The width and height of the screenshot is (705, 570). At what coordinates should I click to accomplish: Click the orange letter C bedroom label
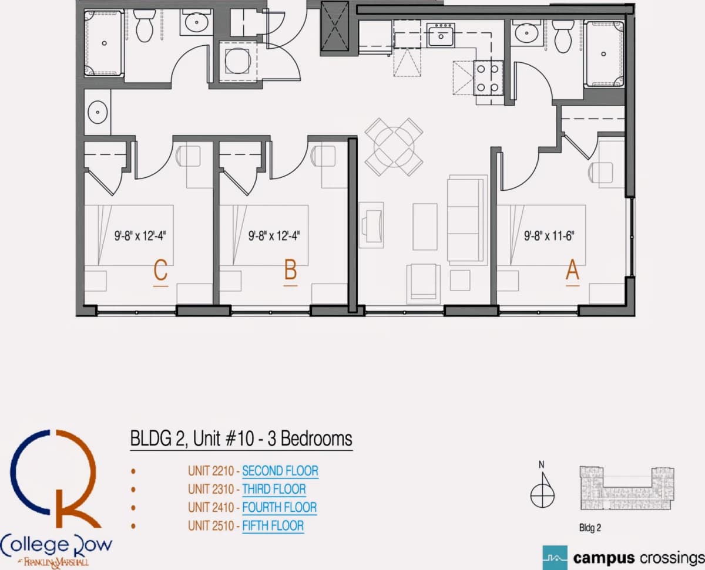(160, 270)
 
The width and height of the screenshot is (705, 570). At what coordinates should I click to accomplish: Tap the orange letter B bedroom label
(291, 270)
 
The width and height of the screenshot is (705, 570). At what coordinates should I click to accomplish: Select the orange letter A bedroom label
(573, 270)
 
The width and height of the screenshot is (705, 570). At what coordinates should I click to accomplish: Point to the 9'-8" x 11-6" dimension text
(549, 236)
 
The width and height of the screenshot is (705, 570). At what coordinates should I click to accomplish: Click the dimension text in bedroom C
(140, 236)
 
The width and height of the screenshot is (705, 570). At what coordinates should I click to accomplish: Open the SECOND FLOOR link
(280, 471)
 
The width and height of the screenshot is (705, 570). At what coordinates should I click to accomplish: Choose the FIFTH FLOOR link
(273, 526)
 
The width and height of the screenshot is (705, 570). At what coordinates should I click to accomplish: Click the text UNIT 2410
(211, 507)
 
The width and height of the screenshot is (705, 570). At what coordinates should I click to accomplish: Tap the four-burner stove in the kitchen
(488, 78)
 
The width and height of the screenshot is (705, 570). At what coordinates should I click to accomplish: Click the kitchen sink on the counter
(441, 35)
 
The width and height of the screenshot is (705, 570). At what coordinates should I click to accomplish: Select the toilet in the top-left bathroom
(145, 25)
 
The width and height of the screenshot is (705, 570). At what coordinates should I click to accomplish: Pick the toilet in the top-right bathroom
(563, 36)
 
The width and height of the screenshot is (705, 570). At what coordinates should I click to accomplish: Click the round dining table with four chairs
(394, 147)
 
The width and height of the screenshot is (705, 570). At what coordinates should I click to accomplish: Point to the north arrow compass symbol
(542, 490)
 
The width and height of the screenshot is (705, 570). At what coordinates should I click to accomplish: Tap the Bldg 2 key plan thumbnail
(626, 488)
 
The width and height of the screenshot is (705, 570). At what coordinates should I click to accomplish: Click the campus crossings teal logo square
(555, 558)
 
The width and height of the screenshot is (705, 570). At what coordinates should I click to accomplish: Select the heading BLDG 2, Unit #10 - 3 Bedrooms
(241, 439)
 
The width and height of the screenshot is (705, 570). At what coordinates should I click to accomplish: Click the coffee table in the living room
(425, 227)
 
